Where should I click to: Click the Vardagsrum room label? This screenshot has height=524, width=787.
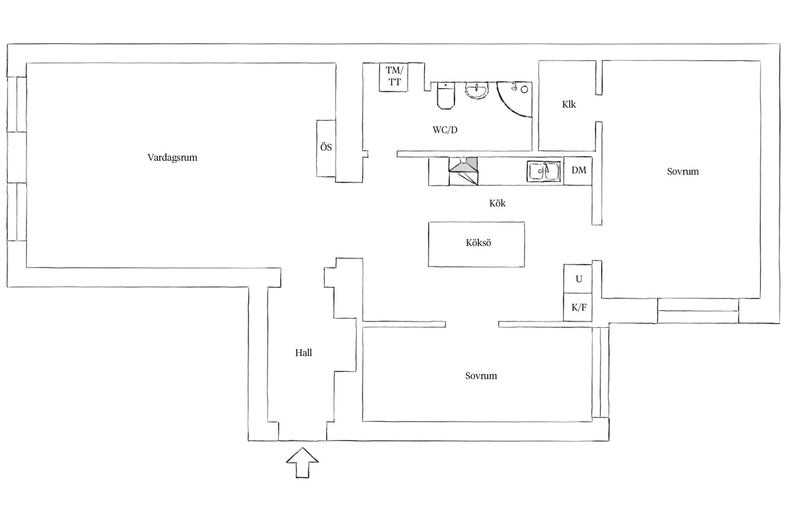[172, 158]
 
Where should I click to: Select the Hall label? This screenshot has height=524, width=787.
[303, 353]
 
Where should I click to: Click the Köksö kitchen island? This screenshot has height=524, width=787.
[476, 244]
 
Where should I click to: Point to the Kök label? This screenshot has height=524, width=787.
[497, 203]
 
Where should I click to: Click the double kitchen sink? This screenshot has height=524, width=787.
[544, 172]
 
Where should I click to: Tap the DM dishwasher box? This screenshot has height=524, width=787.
[578, 170]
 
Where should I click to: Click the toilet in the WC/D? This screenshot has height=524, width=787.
[446, 95]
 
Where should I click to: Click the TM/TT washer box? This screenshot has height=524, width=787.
[394, 77]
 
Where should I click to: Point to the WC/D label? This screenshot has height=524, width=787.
[445, 130]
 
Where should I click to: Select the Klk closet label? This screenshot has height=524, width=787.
[569, 105]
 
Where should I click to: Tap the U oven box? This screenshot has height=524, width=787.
[578, 279]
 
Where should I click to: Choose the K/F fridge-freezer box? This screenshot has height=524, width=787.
[578, 307]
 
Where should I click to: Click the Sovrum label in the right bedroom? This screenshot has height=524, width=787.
[682, 172]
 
